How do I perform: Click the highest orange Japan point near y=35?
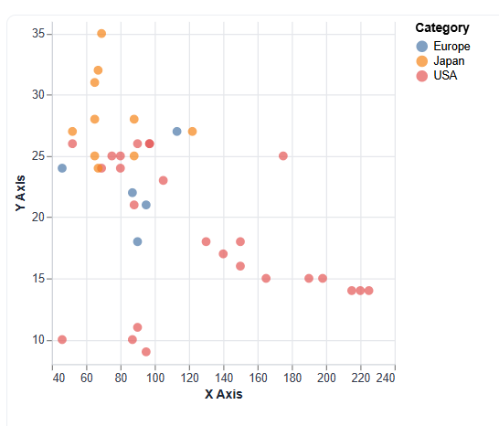(101, 34)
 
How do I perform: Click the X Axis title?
(223, 395)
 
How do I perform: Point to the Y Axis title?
(20, 193)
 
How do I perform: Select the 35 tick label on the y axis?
(38, 34)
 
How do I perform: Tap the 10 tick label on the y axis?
(38, 340)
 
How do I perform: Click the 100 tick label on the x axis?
(154, 377)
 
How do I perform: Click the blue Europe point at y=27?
(177, 132)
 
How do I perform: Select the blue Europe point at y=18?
(138, 242)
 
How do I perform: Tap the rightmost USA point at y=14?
(368, 291)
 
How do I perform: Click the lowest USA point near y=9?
(146, 352)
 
